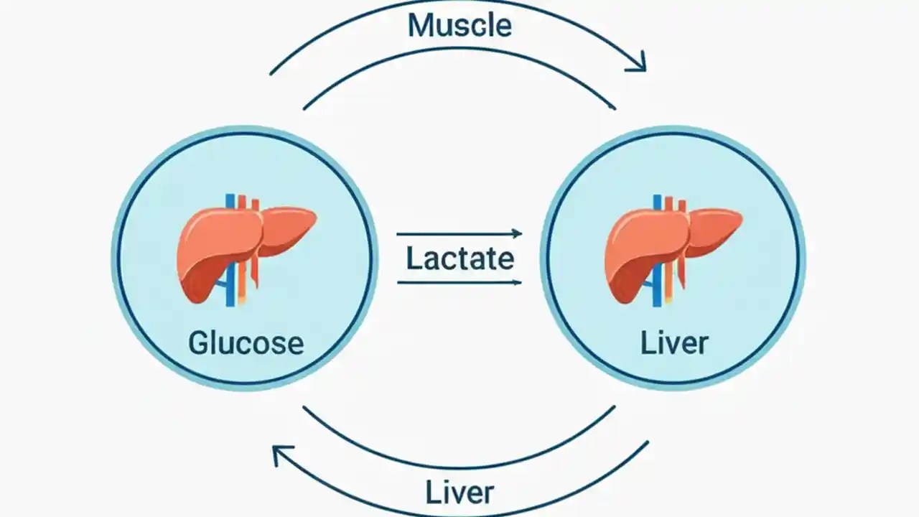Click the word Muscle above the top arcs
[459, 25]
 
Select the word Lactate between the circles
[459, 258]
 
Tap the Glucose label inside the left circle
[246, 343]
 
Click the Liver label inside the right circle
[673, 343]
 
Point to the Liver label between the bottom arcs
[459, 493]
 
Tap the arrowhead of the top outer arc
[638, 63]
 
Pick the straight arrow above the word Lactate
[459, 233]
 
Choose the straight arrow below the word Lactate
[459, 282]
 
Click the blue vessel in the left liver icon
[230, 287]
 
